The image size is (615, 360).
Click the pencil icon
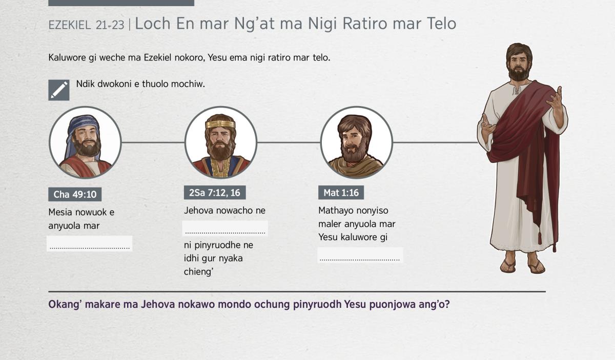click(x=59, y=90)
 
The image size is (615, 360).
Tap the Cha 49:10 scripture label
click(x=75, y=194)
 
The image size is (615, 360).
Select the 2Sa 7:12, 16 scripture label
click(x=215, y=193)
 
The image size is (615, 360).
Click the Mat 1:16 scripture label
click(x=341, y=193)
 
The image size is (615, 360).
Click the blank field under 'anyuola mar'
click(x=90, y=244)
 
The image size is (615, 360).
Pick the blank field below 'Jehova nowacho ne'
click(x=225, y=228)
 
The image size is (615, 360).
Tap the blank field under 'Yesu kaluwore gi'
click(x=360, y=256)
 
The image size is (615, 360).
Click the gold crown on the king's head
click(x=220, y=124)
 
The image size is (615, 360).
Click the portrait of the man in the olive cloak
click(x=356, y=142)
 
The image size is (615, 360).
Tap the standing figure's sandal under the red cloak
click(x=536, y=266)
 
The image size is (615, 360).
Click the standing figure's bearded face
click(x=518, y=65)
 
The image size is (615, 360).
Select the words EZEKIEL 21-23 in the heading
click(x=86, y=25)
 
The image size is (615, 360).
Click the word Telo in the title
click(x=441, y=24)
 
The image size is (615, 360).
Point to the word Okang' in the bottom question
click(x=65, y=305)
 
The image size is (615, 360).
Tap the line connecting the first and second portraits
click(x=153, y=142)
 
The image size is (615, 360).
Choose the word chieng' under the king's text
click(x=199, y=272)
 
